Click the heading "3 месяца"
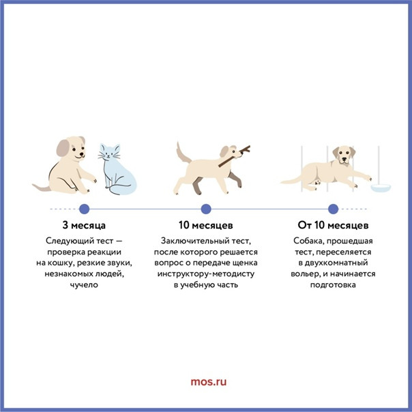point(84,225)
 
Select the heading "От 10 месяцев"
point(333,225)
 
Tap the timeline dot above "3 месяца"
point(85,209)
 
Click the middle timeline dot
point(206,209)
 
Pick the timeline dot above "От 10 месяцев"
point(333,209)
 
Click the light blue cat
point(116,171)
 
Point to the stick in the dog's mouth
point(235,156)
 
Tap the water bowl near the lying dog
point(381,188)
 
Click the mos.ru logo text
point(208,382)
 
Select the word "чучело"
point(84,285)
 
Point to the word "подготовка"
point(333,285)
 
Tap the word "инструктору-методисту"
point(206,274)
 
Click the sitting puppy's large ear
point(63,147)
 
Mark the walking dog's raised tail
point(183,153)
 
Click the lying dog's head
point(344,154)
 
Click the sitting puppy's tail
point(42,188)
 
